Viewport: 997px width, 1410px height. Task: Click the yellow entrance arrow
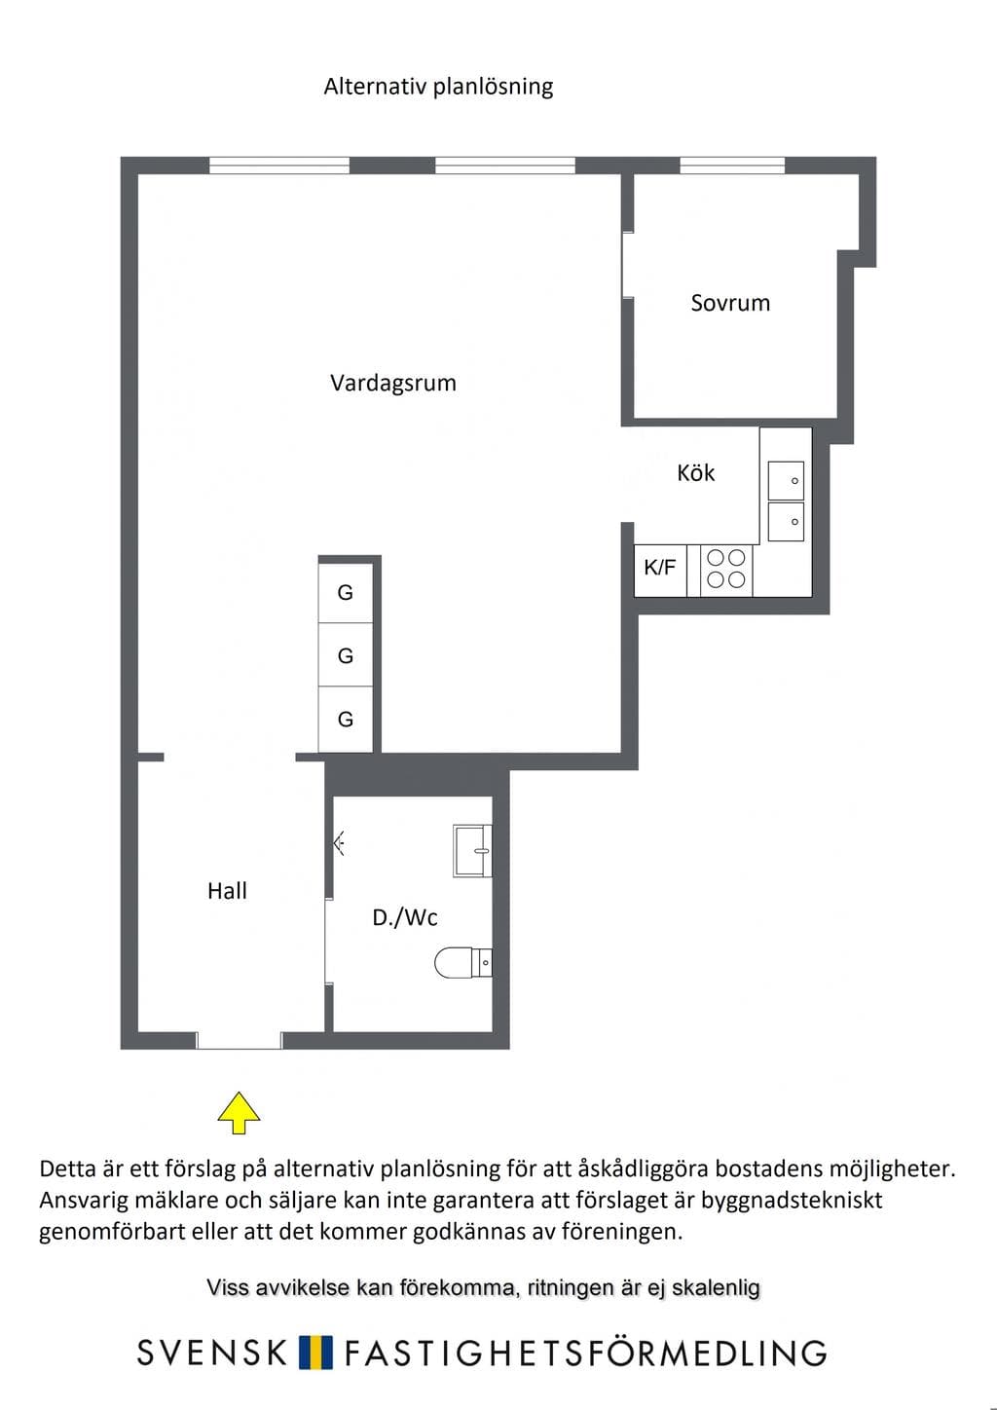(239, 1113)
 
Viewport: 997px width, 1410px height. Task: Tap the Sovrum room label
(730, 303)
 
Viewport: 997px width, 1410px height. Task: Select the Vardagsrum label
(392, 383)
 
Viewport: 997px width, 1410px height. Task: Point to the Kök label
(695, 472)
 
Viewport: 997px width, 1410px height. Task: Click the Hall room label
(227, 891)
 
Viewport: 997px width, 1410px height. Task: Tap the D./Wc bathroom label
(405, 917)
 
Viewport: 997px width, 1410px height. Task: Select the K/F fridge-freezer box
(659, 570)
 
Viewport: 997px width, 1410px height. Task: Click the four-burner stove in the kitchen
(725, 570)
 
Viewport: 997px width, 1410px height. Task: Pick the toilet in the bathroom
(463, 962)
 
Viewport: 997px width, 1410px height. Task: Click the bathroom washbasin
(472, 851)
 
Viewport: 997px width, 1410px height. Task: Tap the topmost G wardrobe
(346, 593)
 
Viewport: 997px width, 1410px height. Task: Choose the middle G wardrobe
(346, 655)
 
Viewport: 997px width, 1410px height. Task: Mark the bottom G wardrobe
(346, 719)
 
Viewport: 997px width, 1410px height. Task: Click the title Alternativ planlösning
(438, 87)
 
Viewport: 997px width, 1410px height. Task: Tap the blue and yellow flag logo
(316, 1353)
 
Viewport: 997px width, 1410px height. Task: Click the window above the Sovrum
(732, 166)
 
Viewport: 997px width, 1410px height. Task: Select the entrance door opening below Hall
(239, 1041)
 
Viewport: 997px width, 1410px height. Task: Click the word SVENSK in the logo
(212, 1353)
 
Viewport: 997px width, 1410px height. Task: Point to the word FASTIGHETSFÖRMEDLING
(585, 1353)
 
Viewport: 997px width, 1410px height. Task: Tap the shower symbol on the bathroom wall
(340, 841)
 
